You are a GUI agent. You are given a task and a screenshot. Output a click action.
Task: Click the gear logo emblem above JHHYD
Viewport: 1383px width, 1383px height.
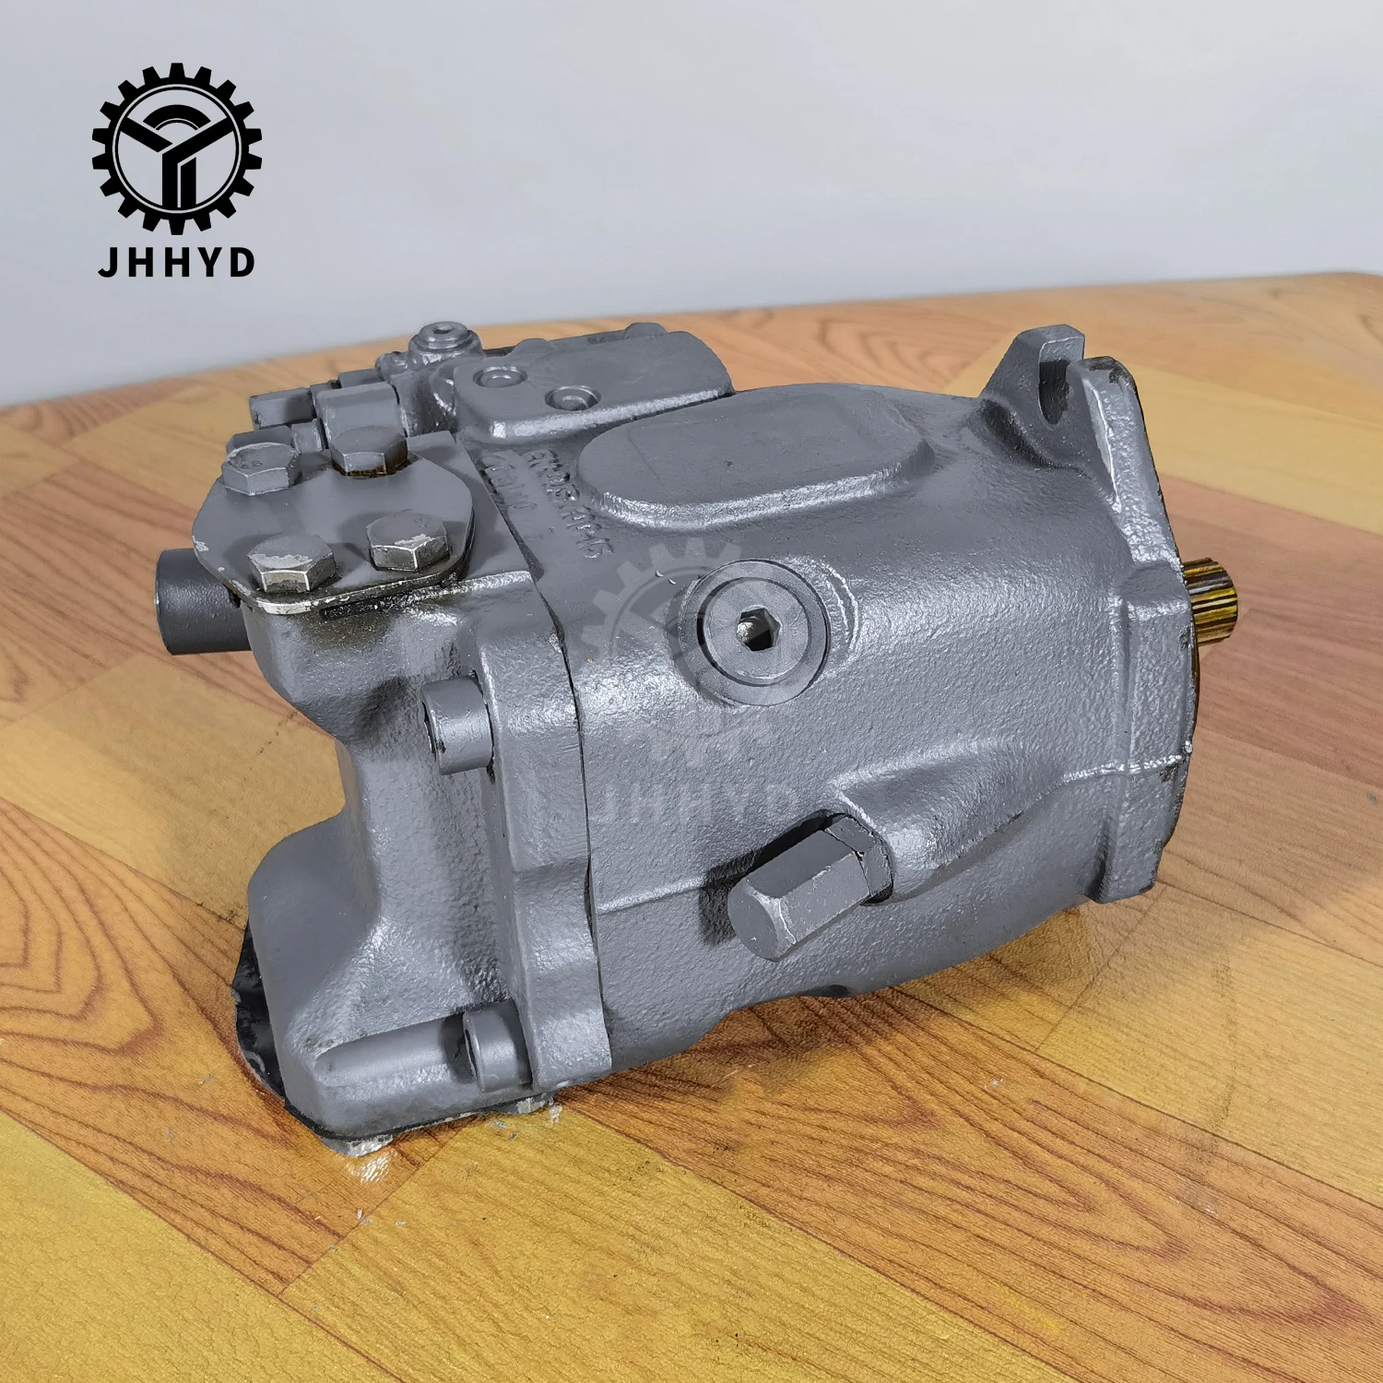pos(176,148)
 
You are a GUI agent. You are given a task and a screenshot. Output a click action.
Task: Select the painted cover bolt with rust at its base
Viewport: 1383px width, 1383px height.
pos(369,449)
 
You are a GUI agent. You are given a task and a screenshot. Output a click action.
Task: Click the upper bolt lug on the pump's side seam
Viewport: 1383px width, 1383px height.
pos(456,728)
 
